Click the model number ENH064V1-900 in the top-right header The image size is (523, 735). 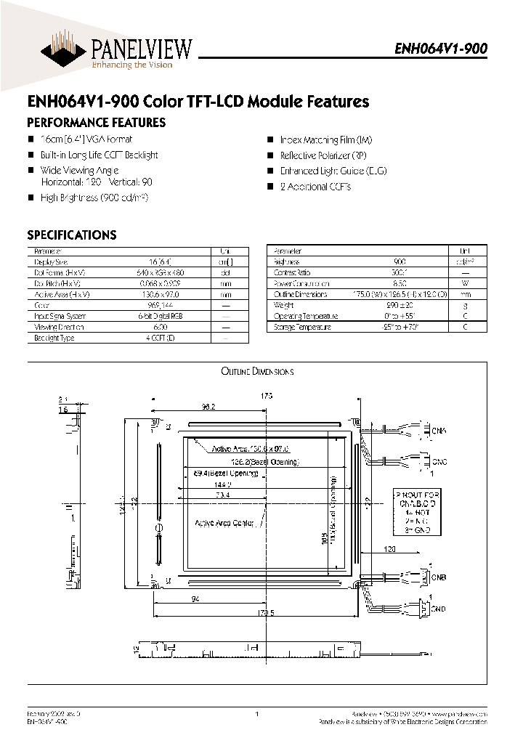tap(441, 49)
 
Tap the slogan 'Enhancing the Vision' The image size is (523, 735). tap(131, 65)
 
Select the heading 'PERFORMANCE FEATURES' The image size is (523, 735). tap(96, 123)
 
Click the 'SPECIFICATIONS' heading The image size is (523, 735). tap(71, 235)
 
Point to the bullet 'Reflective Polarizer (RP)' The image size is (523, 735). tap(323, 155)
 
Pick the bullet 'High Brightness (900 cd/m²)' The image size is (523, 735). tap(99, 198)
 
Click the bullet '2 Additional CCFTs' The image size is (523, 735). tap(315, 187)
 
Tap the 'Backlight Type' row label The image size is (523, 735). tap(54, 338)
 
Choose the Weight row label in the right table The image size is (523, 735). tap(283, 305)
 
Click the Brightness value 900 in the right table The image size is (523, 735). tap(400, 261)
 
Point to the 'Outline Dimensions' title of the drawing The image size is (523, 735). tap(257, 372)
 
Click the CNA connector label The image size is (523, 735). tap(439, 431)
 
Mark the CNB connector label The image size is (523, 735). tap(439, 577)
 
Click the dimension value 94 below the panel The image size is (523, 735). tap(195, 598)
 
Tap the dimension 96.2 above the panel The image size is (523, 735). tap(210, 407)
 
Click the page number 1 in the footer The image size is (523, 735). tap(257, 715)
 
